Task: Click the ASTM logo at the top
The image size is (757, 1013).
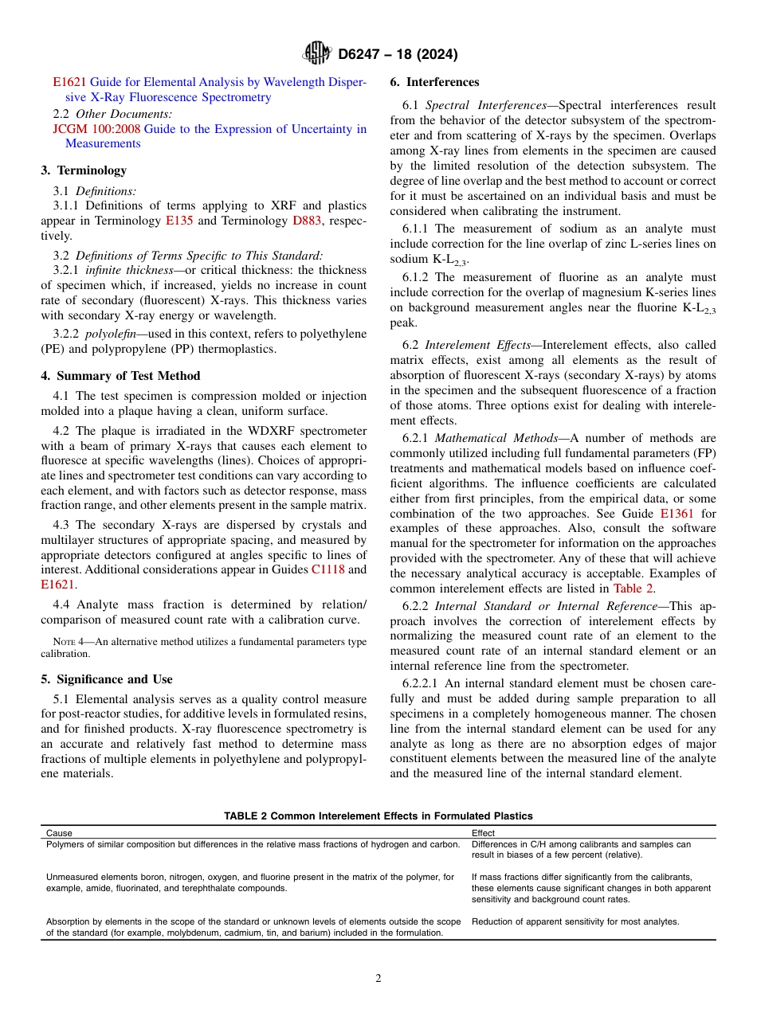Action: (317, 54)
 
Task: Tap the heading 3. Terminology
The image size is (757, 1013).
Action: (84, 170)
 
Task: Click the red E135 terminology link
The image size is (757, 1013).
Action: (178, 221)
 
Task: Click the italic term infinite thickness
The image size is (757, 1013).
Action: (133, 271)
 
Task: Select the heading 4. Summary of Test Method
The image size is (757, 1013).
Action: (120, 376)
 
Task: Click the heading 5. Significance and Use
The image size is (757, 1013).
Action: (107, 679)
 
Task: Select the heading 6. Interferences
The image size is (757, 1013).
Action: (434, 82)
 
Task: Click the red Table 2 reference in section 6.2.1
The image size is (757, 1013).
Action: (633, 589)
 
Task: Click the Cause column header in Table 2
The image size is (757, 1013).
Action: (59, 833)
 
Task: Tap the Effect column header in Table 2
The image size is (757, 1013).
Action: (483, 833)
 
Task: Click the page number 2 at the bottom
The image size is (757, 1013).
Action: (378, 979)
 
